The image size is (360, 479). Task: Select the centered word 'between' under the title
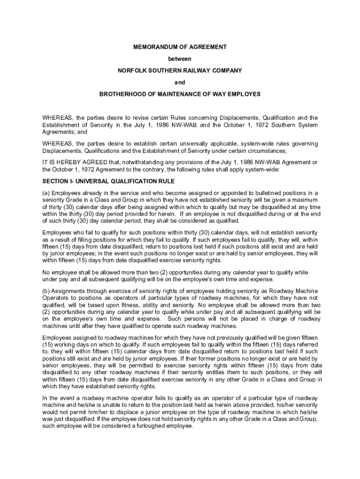180,59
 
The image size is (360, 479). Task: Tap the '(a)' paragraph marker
46,193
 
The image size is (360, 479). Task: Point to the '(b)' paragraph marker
46,291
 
